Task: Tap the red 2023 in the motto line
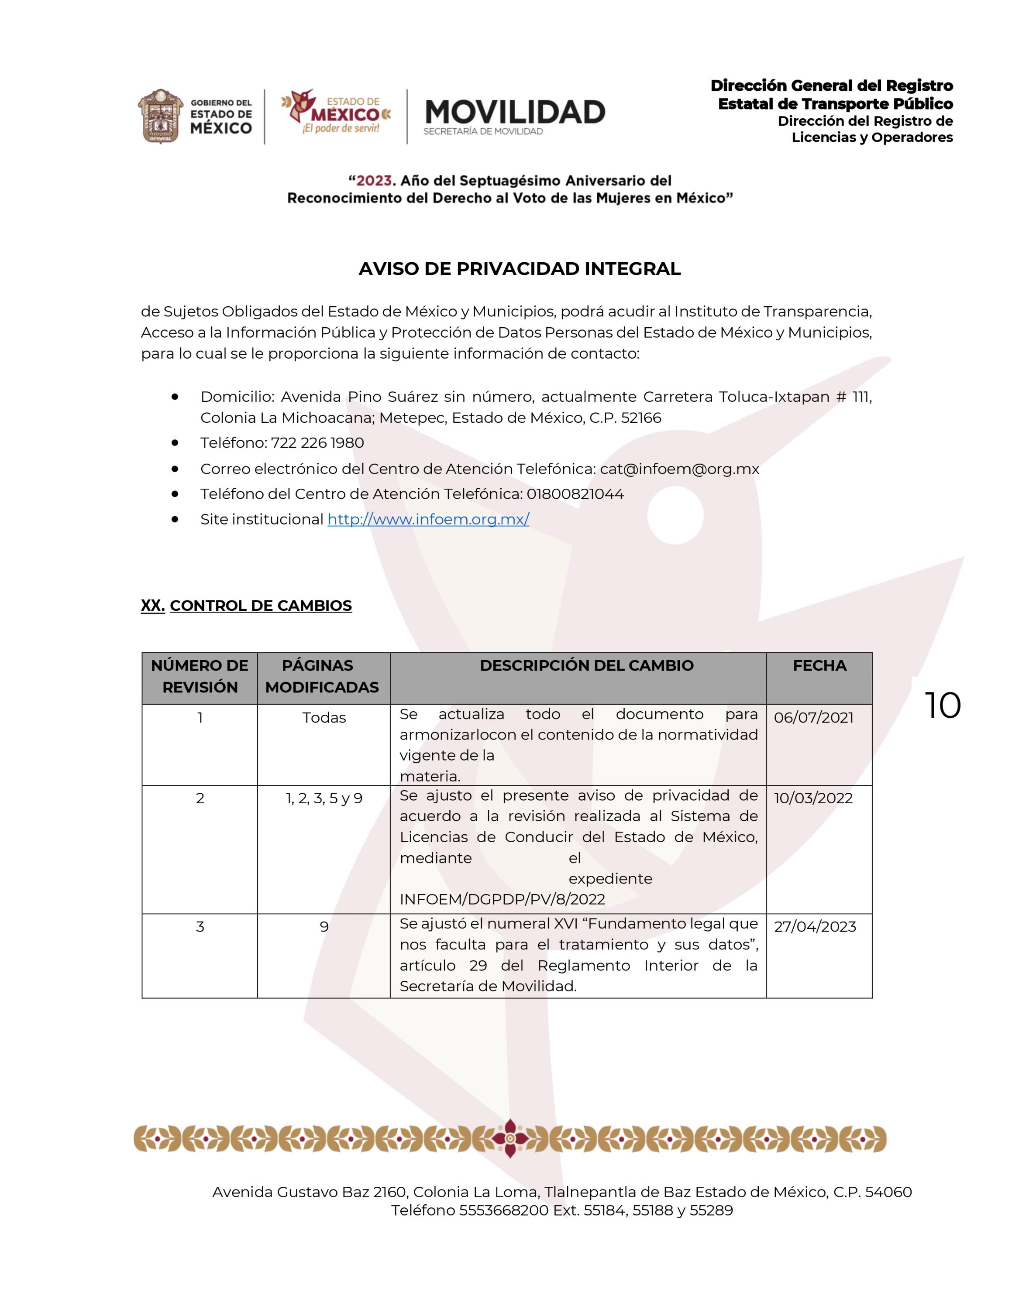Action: tap(374, 180)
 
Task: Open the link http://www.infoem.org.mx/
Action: tap(428, 519)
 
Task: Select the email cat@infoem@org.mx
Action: tap(679, 469)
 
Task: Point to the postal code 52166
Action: tap(641, 418)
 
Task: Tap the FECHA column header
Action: tap(819, 665)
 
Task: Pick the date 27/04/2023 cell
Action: tap(815, 927)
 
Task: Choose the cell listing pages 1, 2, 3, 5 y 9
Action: tap(324, 798)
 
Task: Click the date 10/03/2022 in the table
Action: tap(813, 798)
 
